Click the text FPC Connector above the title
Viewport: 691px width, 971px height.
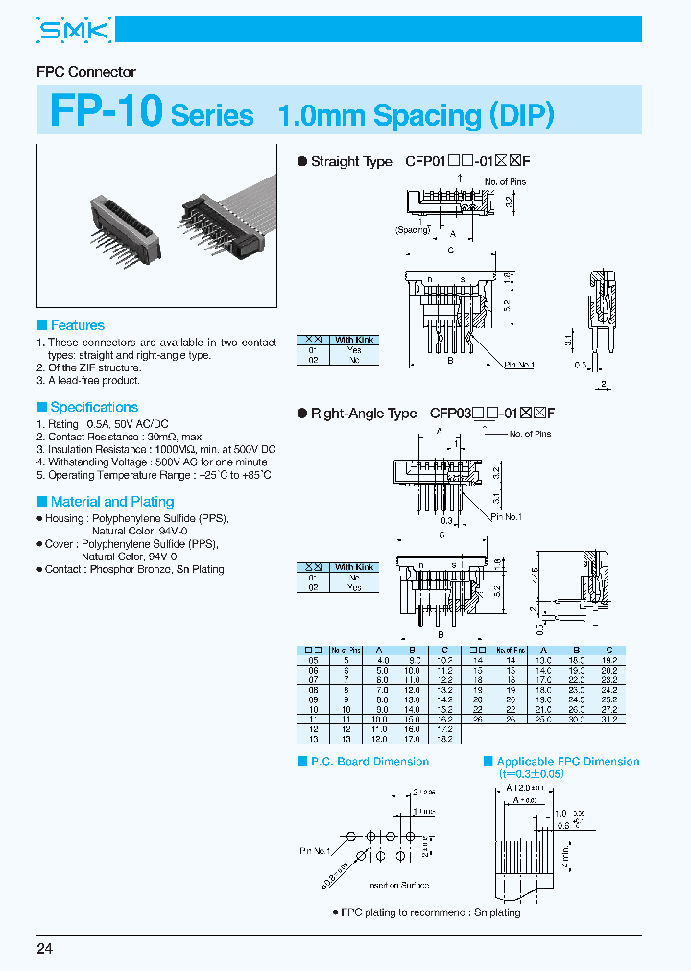[86, 72]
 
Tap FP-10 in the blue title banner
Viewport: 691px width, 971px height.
[106, 111]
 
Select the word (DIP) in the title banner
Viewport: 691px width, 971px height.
[521, 115]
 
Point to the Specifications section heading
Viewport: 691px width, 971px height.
[93, 407]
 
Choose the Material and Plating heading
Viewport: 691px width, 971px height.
[111, 501]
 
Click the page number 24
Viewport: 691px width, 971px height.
[45, 949]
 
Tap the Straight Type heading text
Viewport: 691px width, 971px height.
[350, 162]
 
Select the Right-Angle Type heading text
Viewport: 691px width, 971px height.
[363, 414]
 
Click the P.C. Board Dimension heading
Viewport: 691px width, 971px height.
[369, 761]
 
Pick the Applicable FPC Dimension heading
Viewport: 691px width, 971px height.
[567, 761]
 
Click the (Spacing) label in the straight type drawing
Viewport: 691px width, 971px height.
[412, 230]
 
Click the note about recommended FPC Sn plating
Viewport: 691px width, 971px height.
[431, 912]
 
